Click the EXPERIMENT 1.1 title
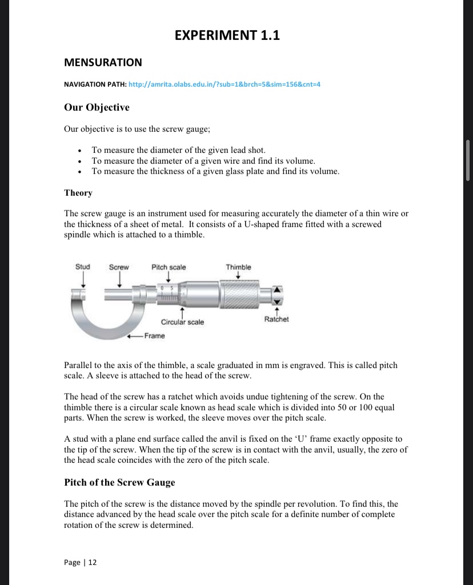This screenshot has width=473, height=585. pyautogui.click(x=227, y=36)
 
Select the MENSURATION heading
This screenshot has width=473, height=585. pyautogui.click(x=103, y=62)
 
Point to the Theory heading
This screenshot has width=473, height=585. pyautogui.click(x=78, y=193)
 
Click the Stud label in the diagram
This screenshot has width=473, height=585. pyautogui.click(x=83, y=267)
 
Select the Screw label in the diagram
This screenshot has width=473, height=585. pyautogui.click(x=119, y=267)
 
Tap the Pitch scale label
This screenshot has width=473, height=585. pyautogui.click(x=169, y=267)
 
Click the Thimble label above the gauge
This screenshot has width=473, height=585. pyautogui.click(x=238, y=267)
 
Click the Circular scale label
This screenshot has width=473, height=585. pyautogui.click(x=182, y=322)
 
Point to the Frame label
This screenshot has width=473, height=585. pyautogui.click(x=155, y=336)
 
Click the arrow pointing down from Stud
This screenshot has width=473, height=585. pyautogui.click(x=83, y=280)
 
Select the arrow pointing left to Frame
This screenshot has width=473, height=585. pyautogui.click(x=136, y=336)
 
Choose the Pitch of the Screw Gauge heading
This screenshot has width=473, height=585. pyautogui.click(x=119, y=482)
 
